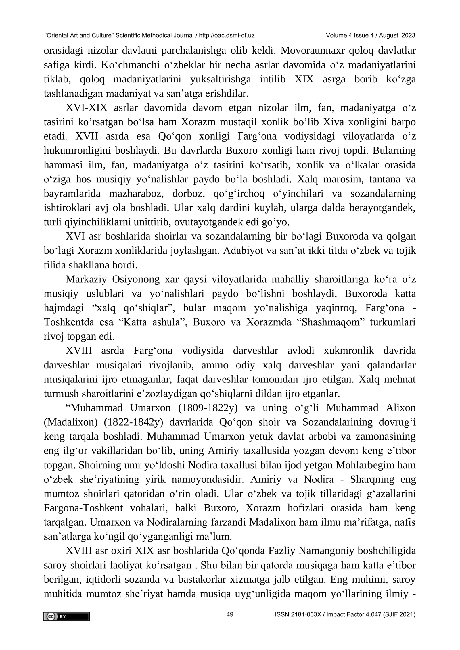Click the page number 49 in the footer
tap(230, 614)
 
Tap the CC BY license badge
tap(66, 617)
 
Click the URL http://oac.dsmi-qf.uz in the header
tap(227, 35)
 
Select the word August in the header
tap(388, 35)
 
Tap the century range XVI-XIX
tap(86, 108)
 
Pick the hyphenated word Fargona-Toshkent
tap(83, 508)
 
